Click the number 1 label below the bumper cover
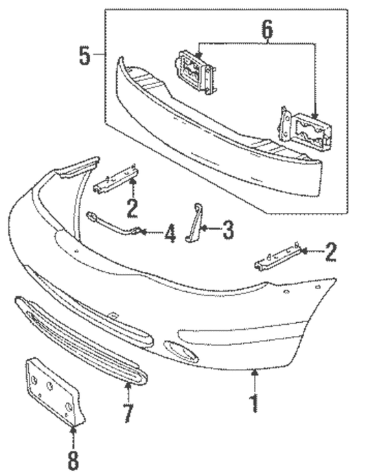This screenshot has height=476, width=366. [255, 402]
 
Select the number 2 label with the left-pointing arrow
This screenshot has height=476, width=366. [330, 253]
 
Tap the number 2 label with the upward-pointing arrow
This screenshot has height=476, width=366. [132, 207]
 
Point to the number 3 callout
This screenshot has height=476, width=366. [227, 231]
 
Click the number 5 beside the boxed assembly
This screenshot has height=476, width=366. [84, 55]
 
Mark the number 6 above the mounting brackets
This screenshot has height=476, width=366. [267, 29]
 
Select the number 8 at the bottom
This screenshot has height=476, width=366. [73, 461]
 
